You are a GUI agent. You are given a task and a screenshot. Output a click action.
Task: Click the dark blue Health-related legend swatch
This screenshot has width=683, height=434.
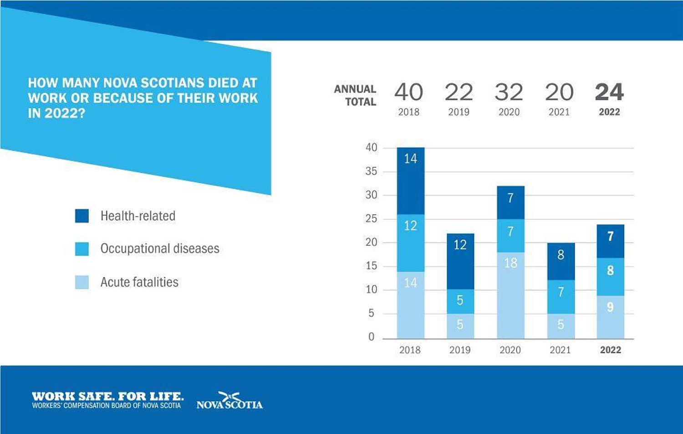pos(82,216)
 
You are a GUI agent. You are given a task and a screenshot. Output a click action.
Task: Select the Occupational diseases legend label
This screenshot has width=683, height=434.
pos(160,248)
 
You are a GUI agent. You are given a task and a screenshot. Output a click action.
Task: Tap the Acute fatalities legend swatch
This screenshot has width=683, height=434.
pos(82,282)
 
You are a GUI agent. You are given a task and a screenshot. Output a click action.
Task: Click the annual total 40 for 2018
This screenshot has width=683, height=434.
pos(408,92)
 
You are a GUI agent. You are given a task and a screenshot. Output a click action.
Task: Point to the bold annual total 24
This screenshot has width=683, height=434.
pos(609,92)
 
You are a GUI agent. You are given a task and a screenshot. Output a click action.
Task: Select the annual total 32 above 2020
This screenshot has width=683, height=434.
pos(509,92)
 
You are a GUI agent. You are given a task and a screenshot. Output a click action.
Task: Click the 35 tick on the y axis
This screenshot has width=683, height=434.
pos(371,171)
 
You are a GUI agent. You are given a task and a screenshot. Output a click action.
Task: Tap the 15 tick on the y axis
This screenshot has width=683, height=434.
pos(371,266)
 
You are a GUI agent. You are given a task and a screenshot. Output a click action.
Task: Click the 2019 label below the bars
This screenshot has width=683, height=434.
pos(460,350)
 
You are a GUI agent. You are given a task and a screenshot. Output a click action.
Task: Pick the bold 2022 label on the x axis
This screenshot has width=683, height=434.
pos(611,350)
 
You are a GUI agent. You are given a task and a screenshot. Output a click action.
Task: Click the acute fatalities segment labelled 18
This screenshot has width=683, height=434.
pos(511,295)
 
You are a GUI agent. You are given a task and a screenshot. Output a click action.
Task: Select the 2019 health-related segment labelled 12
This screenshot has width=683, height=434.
pos(460,262)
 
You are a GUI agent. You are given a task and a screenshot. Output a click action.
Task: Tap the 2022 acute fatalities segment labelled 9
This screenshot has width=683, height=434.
pos(611,317)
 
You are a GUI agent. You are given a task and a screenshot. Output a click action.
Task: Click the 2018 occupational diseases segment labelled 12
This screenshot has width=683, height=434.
pos(410,243)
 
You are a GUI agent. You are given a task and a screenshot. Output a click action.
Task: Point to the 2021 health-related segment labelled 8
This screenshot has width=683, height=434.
pos(561,262)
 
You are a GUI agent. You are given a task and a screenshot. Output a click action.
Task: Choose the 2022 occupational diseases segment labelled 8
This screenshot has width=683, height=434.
pos(611,277)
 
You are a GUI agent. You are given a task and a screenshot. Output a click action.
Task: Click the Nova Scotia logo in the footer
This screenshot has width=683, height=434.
pos(229,400)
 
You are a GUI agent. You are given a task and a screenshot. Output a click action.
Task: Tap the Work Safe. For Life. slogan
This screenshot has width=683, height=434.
pos(108,397)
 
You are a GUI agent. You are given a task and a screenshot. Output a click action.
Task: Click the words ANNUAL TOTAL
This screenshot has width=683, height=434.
pos(355,95)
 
